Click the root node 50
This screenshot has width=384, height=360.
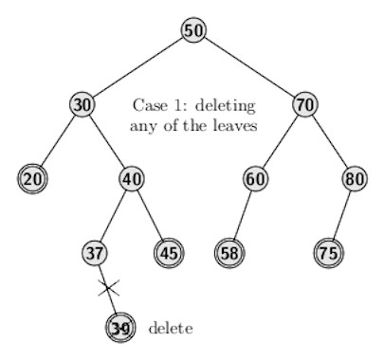tap(193, 30)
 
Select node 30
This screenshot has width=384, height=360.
tap(82, 104)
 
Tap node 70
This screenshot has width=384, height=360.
tap(304, 104)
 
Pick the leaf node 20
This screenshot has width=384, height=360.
tap(31, 178)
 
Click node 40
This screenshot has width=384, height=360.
tap(132, 178)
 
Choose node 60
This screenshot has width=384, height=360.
tap(255, 178)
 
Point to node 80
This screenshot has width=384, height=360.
tap(355, 178)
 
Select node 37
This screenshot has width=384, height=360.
tap(94, 253)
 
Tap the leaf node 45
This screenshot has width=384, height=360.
tap(169, 253)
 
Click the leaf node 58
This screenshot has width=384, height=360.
tap(229, 253)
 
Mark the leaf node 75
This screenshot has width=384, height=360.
tap(329, 253)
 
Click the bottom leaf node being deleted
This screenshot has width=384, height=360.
tap(119, 328)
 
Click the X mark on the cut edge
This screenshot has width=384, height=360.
tap(108, 287)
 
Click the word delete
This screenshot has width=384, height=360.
tap(171, 328)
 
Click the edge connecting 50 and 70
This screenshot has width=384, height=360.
tap(249, 67)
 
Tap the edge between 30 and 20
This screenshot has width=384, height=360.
tap(57, 141)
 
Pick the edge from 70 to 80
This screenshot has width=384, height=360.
tap(330, 141)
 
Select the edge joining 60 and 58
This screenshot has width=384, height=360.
tap(243, 215)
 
